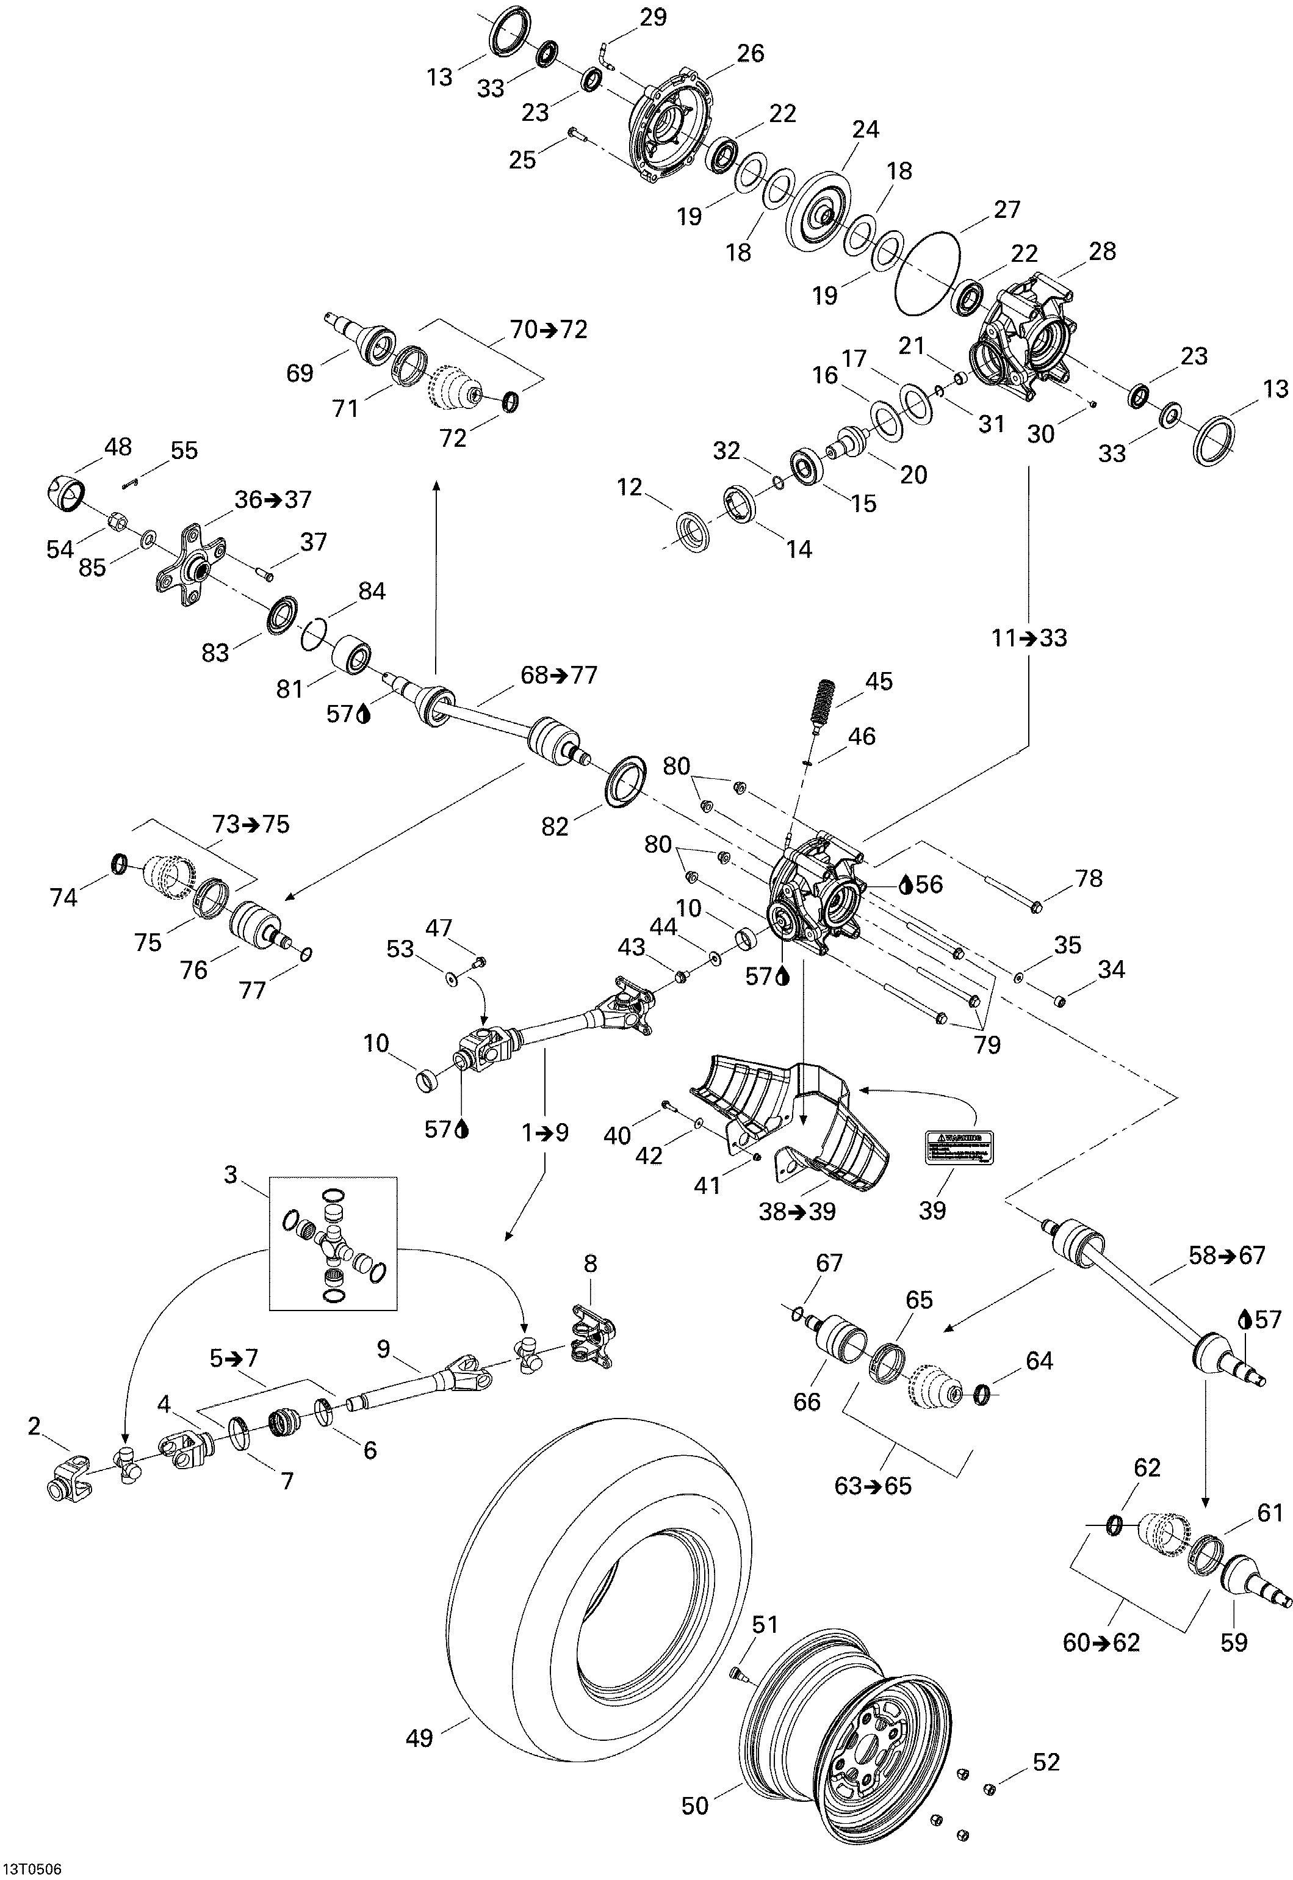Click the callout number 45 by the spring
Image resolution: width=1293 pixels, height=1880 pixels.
[879, 681]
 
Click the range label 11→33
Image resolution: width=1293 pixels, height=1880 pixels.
[1029, 638]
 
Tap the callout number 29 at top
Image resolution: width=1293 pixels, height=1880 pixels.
[653, 17]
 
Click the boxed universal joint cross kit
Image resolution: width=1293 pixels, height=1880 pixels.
[333, 1243]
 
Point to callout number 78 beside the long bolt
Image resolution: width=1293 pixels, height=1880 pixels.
[1089, 878]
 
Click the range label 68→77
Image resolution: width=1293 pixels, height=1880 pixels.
[558, 675]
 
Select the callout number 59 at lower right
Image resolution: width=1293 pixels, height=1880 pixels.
[1233, 1643]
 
